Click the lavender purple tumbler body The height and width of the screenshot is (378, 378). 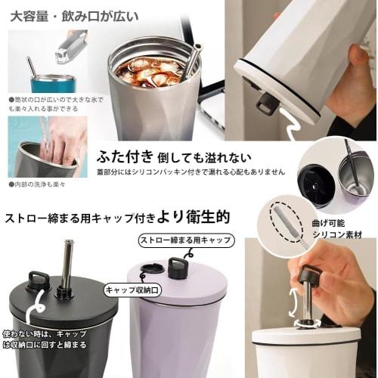click(x=170, y=336)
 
